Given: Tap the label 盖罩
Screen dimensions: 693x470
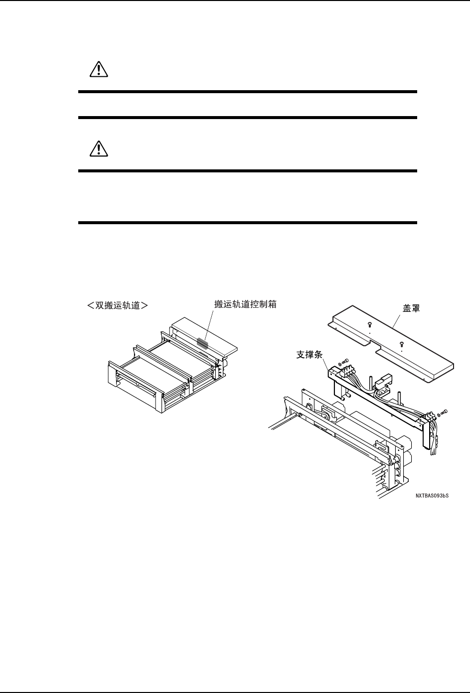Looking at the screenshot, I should point(411,309).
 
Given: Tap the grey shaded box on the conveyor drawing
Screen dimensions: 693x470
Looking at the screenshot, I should point(203,342).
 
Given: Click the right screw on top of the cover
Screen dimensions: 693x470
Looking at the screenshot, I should point(402,343).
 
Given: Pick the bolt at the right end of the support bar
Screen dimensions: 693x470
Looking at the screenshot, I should point(445,412).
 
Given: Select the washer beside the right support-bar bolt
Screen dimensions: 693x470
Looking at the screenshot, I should point(438,415).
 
